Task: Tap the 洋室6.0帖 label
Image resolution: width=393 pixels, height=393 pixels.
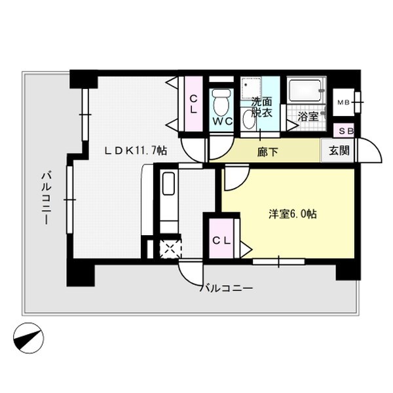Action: [293, 214]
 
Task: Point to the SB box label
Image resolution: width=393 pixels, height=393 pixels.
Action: [345, 131]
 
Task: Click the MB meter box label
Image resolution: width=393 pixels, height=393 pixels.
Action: [343, 103]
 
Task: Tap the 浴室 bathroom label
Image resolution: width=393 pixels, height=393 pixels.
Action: [308, 116]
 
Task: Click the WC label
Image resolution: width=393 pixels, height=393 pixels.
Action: [221, 121]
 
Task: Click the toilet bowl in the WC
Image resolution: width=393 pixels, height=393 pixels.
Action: [220, 102]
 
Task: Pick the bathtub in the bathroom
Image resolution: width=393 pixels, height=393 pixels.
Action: [305, 90]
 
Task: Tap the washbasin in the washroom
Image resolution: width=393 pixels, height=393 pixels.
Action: [250, 119]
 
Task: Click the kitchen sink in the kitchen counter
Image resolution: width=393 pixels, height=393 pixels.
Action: [168, 184]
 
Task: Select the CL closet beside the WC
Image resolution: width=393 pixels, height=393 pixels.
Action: [194, 105]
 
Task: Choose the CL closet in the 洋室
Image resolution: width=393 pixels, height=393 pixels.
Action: [221, 240]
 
